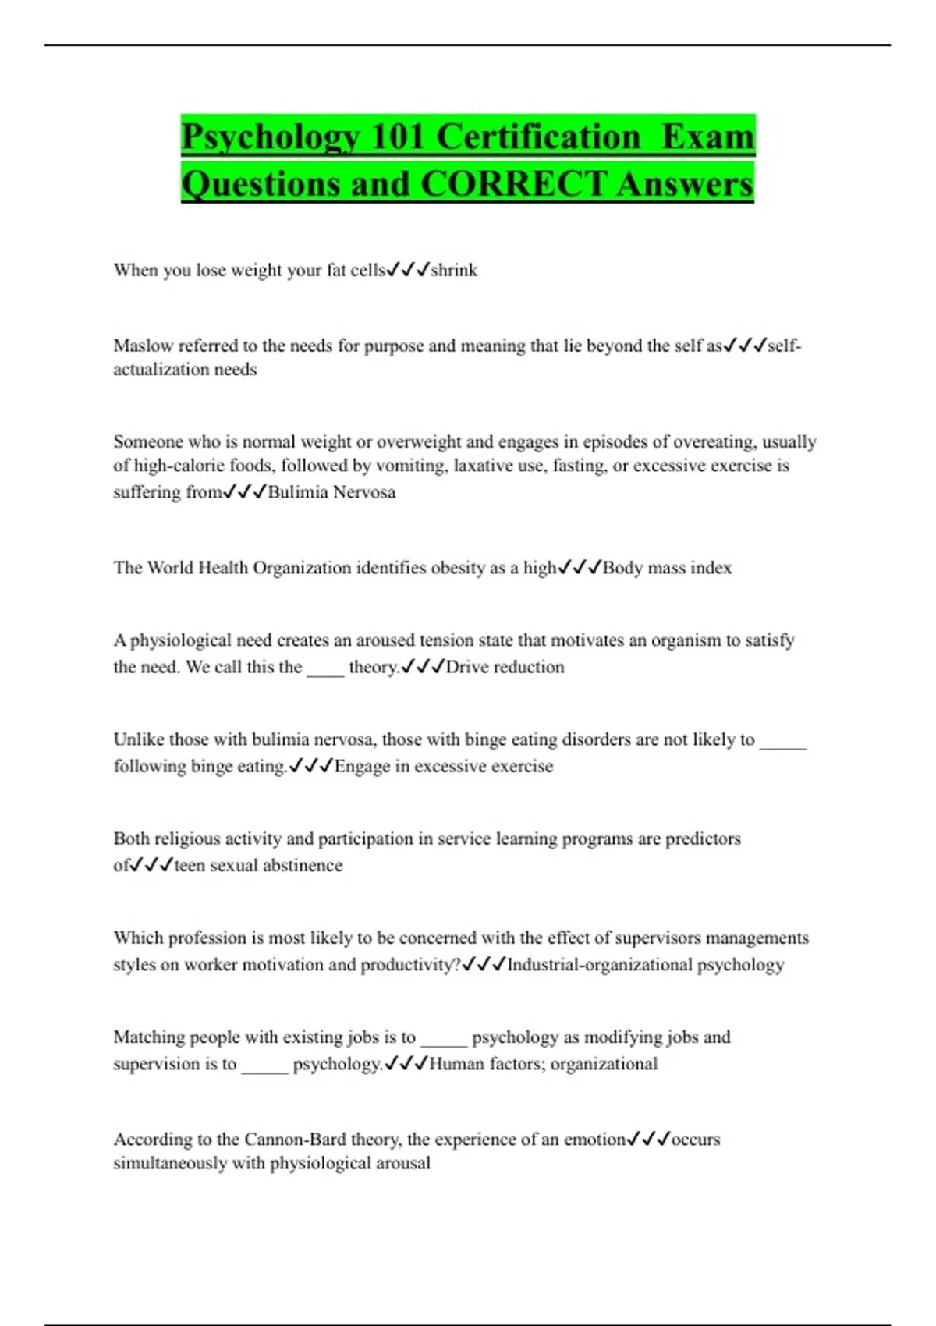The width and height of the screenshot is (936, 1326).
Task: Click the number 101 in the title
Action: [398, 137]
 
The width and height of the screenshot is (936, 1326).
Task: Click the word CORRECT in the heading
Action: [513, 185]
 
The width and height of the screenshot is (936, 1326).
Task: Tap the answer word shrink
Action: [454, 270]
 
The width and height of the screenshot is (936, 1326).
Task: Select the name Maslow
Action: [144, 346]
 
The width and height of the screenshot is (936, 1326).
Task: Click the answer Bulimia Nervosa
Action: [331, 492]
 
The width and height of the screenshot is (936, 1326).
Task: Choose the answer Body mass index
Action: [667, 568]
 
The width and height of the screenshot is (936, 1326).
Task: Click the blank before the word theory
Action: [325, 668]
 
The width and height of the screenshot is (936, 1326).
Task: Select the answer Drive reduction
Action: [505, 667]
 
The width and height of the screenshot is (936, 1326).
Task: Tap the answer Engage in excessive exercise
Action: [444, 766]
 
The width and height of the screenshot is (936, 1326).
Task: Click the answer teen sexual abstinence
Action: [258, 865]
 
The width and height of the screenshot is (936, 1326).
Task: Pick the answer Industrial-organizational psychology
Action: [645, 965]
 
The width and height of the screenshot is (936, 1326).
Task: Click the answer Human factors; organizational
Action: [543, 1064]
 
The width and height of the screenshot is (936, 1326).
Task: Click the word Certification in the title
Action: [538, 137]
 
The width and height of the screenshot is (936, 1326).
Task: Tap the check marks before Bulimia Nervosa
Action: [245, 492]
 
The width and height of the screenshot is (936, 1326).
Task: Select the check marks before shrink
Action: [408, 270]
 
